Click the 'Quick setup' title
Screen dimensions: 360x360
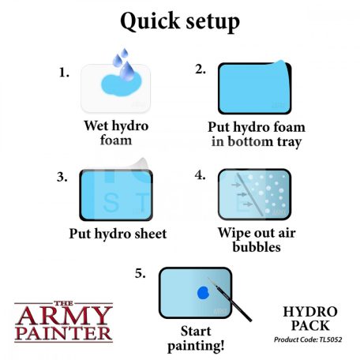click(x=179, y=22)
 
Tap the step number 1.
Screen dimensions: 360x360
click(x=64, y=72)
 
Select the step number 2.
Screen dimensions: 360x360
click(x=201, y=69)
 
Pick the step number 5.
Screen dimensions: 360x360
click(x=140, y=274)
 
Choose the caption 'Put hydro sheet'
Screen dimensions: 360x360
click(x=117, y=234)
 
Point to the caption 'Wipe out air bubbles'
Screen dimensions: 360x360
click(x=251, y=240)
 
